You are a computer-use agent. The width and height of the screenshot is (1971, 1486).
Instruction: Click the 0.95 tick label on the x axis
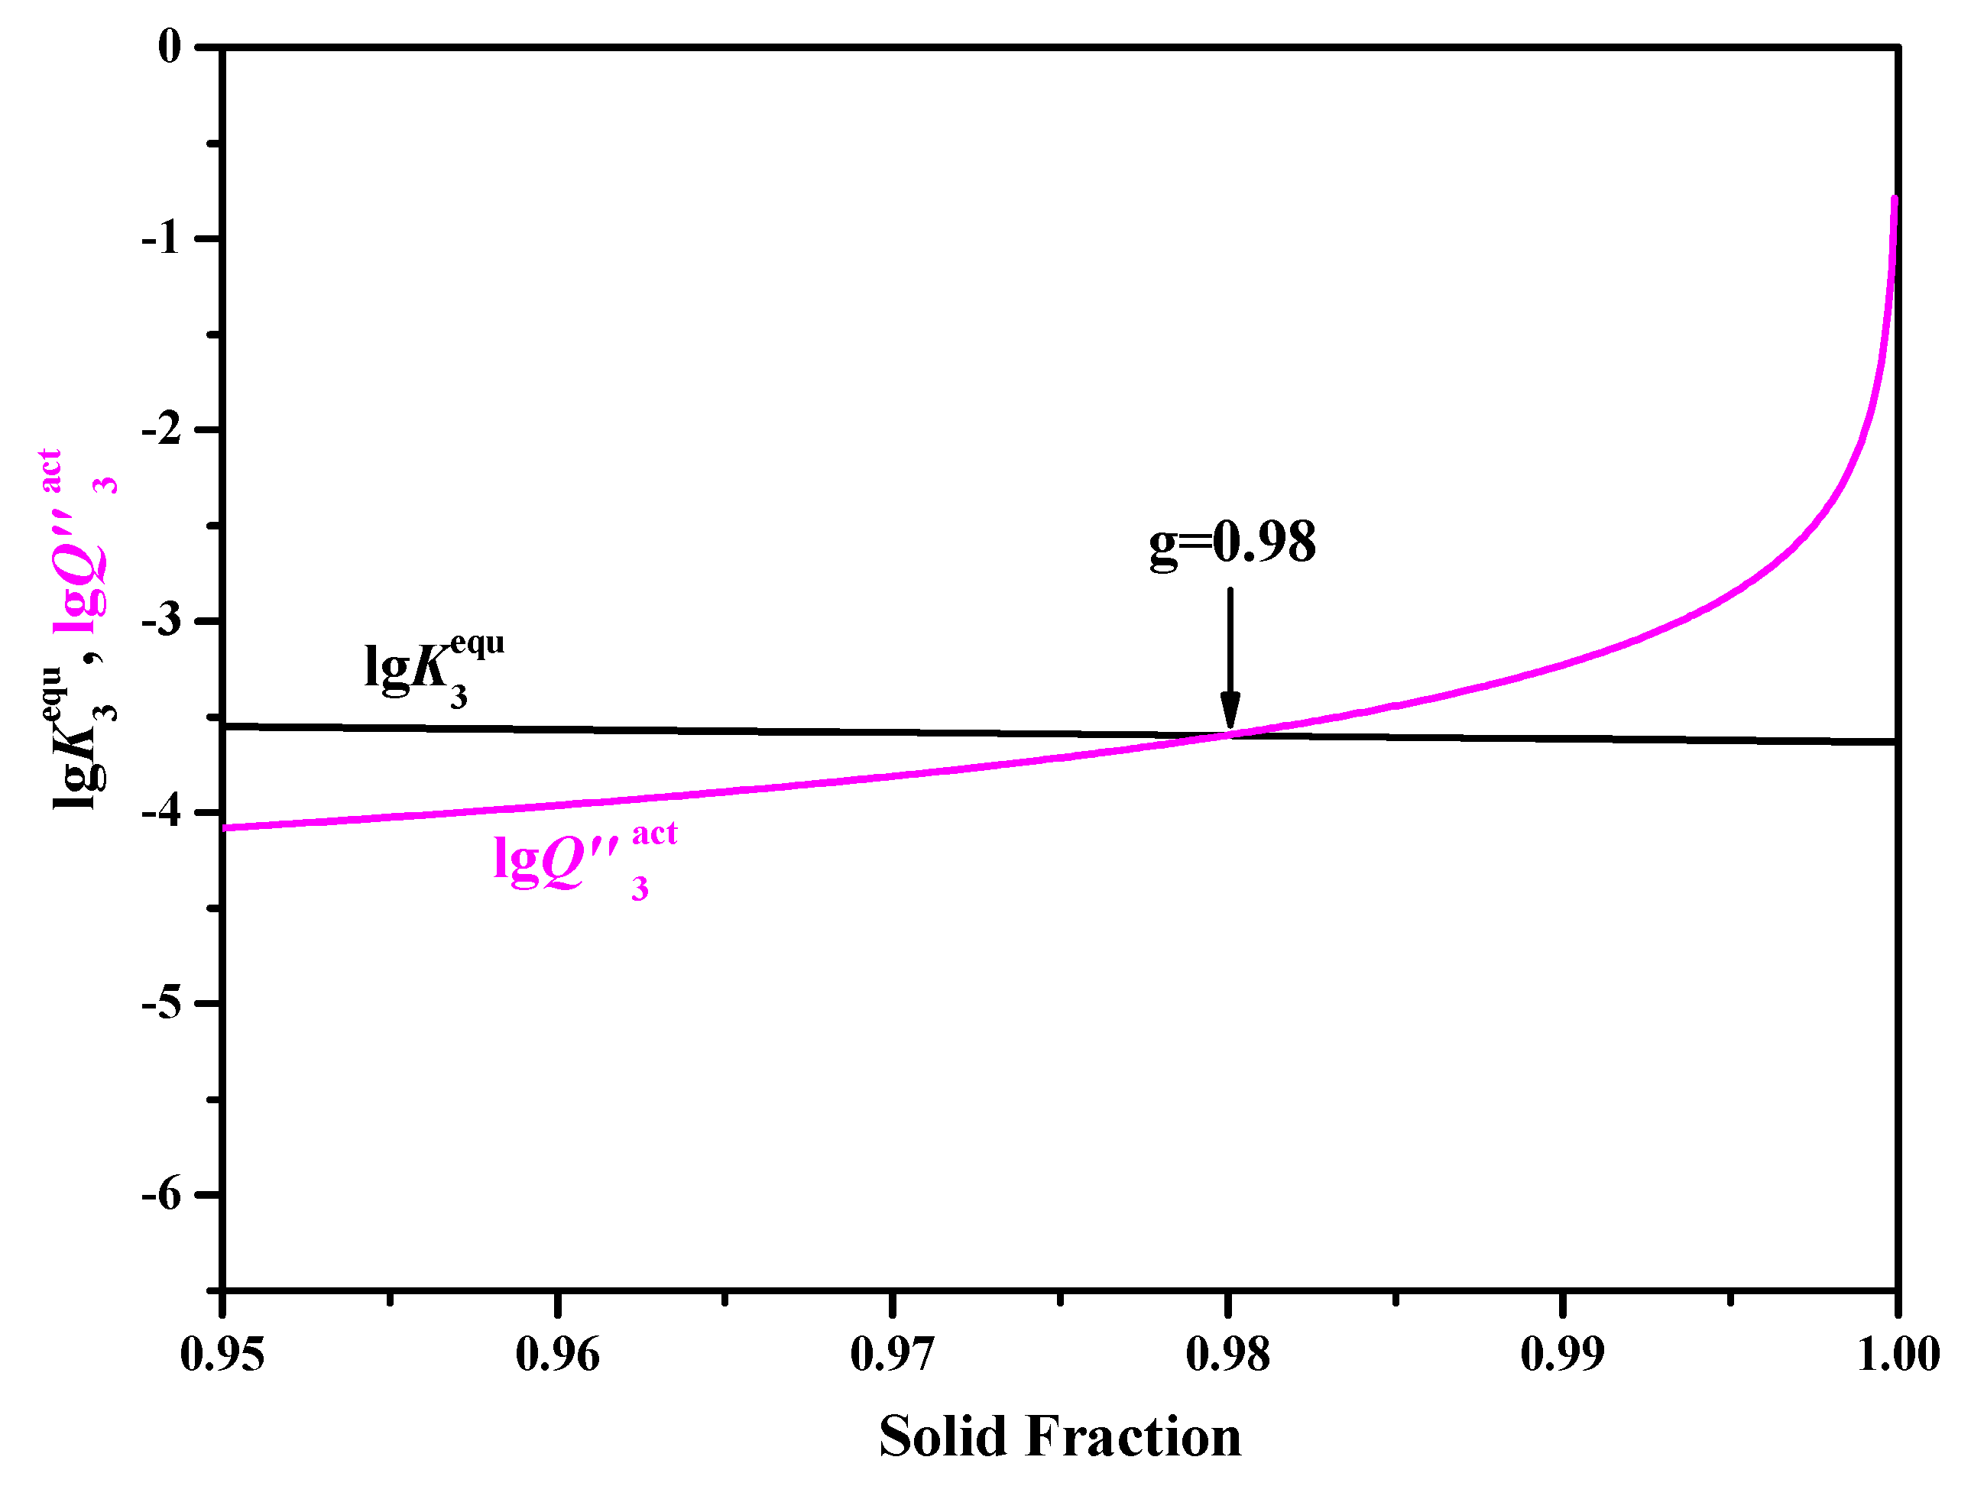(222, 1355)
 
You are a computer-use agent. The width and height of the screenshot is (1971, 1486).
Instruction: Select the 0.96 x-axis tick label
(558, 1355)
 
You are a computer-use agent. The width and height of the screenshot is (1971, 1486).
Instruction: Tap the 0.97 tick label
(893, 1355)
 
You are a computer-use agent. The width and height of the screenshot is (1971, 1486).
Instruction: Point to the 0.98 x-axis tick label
(1228, 1355)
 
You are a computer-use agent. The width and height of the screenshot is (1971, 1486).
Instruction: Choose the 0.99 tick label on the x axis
(1563, 1355)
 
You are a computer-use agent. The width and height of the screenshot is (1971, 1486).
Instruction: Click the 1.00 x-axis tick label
(1898, 1355)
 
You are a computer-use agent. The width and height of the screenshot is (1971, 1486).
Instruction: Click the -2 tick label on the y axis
(161, 429)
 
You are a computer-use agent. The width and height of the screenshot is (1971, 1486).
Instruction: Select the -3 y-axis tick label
(161, 621)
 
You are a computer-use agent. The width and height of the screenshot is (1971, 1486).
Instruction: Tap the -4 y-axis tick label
(161, 811)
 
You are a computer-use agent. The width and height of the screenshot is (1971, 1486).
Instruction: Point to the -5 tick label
(161, 1003)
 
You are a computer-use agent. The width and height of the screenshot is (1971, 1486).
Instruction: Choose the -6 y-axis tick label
(161, 1195)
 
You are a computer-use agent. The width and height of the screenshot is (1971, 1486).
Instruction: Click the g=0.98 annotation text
(1232, 542)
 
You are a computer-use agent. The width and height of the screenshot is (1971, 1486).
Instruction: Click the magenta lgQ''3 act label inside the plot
(585, 860)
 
